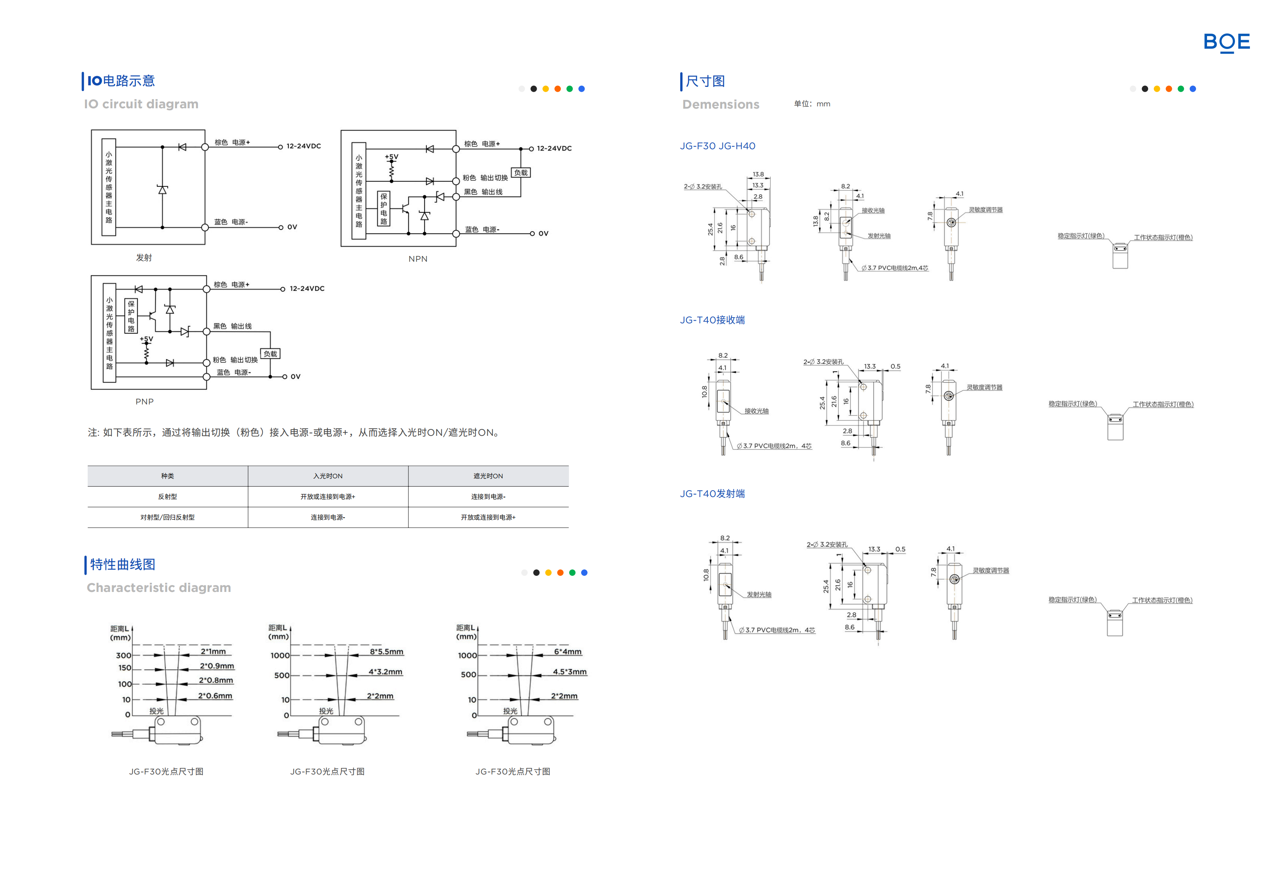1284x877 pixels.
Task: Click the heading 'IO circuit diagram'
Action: [x=141, y=104]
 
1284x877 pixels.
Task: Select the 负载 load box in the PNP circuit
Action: [x=270, y=354]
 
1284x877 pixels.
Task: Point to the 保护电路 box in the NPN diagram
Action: [x=384, y=209]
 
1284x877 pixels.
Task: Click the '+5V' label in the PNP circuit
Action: [x=146, y=339]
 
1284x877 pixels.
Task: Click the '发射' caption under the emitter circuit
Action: [x=144, y=258]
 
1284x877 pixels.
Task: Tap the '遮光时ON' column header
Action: [x=488, y=476]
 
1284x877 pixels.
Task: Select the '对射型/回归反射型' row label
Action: [x=167, y=517]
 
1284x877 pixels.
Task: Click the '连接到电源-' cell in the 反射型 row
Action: [x=488, y=497]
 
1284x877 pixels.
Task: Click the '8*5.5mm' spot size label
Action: [x=386, y=652]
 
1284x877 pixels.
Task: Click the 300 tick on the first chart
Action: [x=123, y=655]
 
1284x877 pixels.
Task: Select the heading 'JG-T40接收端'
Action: [x=712, y=320]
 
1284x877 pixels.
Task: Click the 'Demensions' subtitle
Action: [x=720, y=104]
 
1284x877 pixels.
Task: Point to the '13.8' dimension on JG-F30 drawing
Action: [x=758, y=174]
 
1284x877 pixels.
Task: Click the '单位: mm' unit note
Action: [x=812, y=104]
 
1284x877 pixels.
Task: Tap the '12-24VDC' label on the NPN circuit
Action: [x=554, y=148]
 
